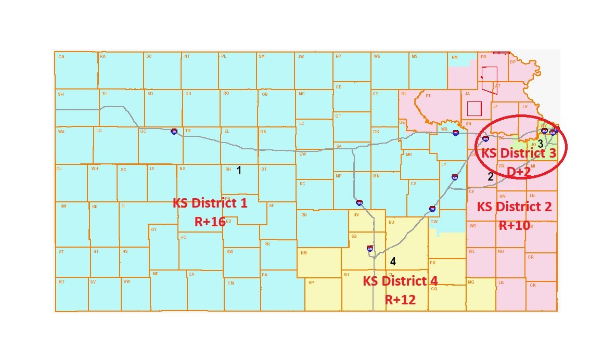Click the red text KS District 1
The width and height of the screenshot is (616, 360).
click(210, 203)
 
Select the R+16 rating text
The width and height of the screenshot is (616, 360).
click(210, 222)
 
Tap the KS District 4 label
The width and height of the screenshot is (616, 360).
click(400, 281)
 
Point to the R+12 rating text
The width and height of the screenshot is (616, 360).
click(400, 300)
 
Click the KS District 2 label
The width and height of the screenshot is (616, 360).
click(515, 207)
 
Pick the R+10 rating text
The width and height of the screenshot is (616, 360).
click(515, 226)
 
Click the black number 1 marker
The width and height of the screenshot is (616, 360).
click(239, 170)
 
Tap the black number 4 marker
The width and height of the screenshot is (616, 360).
click(393, 261)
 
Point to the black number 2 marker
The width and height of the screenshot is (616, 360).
click(490, 176)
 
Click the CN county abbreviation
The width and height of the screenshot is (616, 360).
click(61, 57)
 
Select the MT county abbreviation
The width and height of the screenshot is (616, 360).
click(61, 282)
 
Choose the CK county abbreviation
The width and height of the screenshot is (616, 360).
click(532, 285)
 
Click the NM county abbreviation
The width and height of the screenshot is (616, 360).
click(455, 57)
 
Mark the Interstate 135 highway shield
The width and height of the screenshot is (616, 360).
click(359, 202)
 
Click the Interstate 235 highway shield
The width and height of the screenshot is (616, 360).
click(370, 248)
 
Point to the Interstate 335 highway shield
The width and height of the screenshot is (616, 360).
click(455, 177)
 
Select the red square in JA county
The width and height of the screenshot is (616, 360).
click(474, 108)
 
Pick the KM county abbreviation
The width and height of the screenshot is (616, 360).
click(303, 253)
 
